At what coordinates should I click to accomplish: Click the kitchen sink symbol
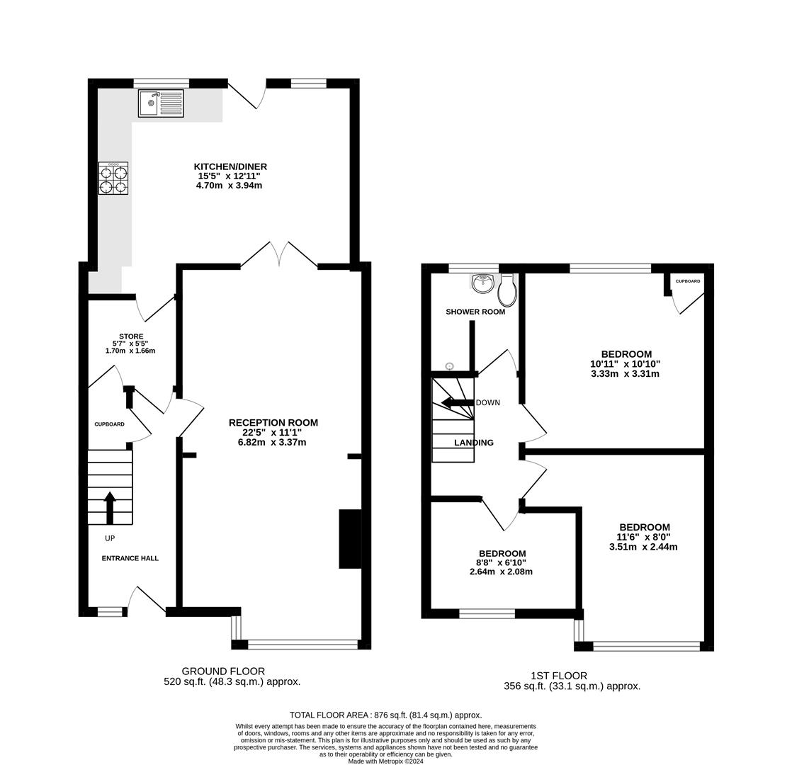pos(161,103)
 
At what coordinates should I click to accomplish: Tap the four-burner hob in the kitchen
pos(113,178)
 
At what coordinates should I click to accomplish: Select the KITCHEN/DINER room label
pos(230,166)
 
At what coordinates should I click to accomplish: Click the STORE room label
pos(131,336)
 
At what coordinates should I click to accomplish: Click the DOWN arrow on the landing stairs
pos(458,403)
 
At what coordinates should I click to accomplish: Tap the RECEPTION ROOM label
pos(273,423)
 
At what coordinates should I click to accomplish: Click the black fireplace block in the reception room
pos(351,539)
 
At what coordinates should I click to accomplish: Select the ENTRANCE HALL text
pos(130,558)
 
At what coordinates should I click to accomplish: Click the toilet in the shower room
pos(507,290)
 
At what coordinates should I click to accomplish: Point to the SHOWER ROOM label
pos(475,312)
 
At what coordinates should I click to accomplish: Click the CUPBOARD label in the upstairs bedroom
pos(688,280)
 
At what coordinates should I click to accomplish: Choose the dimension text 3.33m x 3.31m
pos(626,374)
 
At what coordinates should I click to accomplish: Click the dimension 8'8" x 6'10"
pos(502,562)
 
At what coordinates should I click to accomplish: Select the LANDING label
pos(474,443)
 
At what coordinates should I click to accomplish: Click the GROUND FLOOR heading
pos(223,671)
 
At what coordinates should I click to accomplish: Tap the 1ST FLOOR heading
pos(559,676)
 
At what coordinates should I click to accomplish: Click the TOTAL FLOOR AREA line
pos(386,715)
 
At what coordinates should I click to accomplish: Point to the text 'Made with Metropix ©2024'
pos(386,761)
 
